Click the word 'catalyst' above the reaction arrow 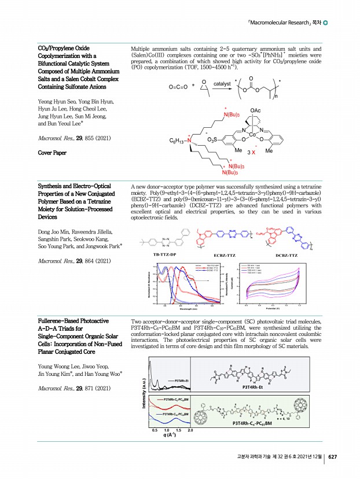(222, 84)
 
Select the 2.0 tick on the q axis (190, 431)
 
